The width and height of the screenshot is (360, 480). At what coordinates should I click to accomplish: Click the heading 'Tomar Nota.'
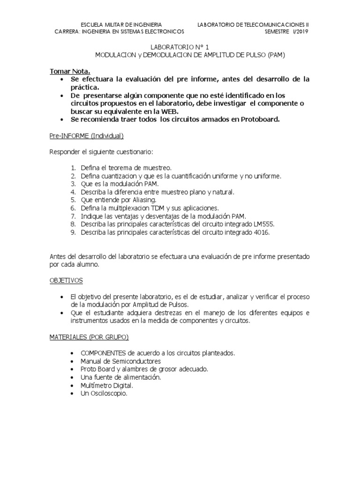click(x=70, y=71)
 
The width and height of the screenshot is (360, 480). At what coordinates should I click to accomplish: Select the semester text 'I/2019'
click(x=300, y=31)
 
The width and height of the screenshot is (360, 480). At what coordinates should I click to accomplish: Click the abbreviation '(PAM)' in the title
click(x=276, y=55)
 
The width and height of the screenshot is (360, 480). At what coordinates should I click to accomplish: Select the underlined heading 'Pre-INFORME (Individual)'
click(x=86, y=136)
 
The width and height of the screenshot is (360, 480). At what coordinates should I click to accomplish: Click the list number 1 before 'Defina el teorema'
click(x=74, y=167)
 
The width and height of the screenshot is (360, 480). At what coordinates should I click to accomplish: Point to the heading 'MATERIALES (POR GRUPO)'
click(x=89, y=337)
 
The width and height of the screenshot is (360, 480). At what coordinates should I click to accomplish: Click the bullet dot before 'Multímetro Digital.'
click(x=71, y=385)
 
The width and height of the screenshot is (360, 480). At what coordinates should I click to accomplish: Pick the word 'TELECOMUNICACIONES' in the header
click(x=273, y=24)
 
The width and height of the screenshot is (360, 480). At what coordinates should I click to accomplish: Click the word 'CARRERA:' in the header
click(x=68, y=31)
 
